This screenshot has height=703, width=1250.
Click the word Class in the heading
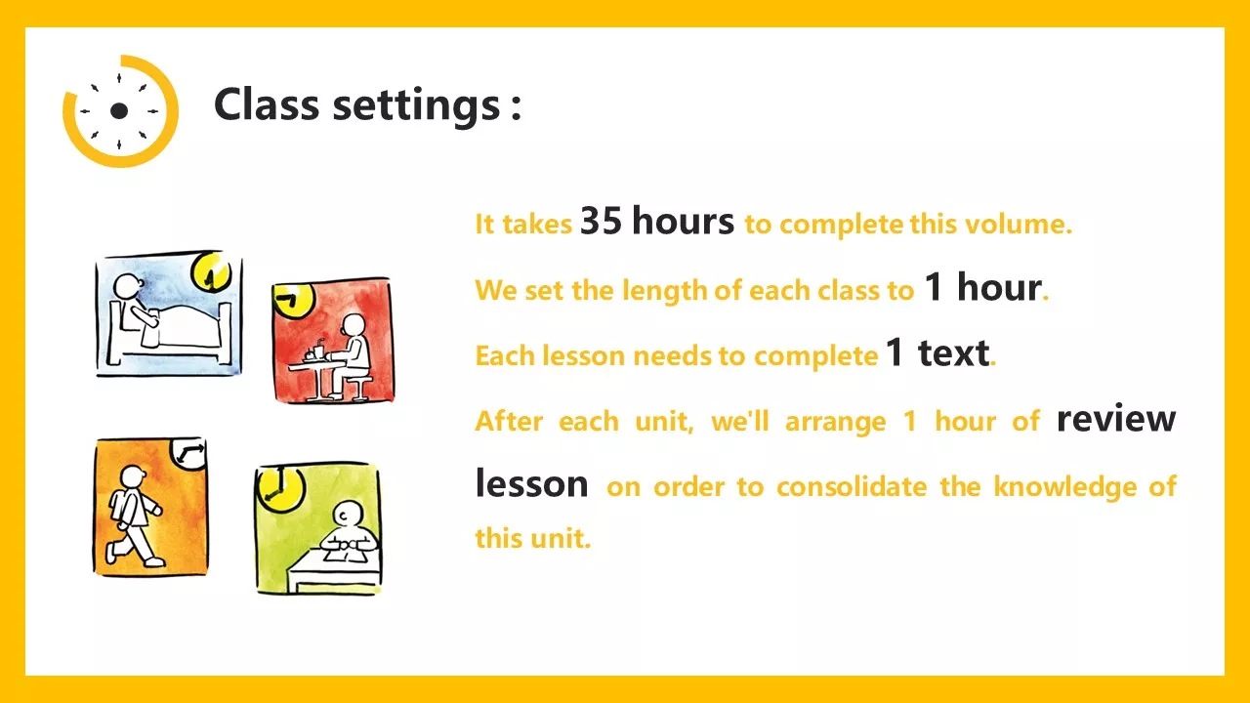[x=267, y=104]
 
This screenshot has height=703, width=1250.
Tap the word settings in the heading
[x=416, y=106]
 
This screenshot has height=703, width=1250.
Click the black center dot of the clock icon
[x=119, y=110]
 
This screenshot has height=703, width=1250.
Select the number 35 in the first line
[x=601, y=221]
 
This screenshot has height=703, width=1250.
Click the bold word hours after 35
[x=683, y=221]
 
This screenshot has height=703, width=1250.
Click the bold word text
[x=953, y=353]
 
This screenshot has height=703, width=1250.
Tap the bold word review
[x=1116, y=420]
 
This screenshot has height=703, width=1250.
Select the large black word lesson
[x=532, y=483]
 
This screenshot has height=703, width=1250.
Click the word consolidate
[x=852, y=486]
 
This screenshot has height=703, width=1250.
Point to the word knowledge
[x=1064, y=487]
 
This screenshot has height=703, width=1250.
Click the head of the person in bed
[x=129, y=286]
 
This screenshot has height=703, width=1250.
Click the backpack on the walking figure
[x=119, y=507]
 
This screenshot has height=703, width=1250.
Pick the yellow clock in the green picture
[x=280, y=487]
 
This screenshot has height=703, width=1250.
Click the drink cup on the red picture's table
[x=318, y=351]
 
